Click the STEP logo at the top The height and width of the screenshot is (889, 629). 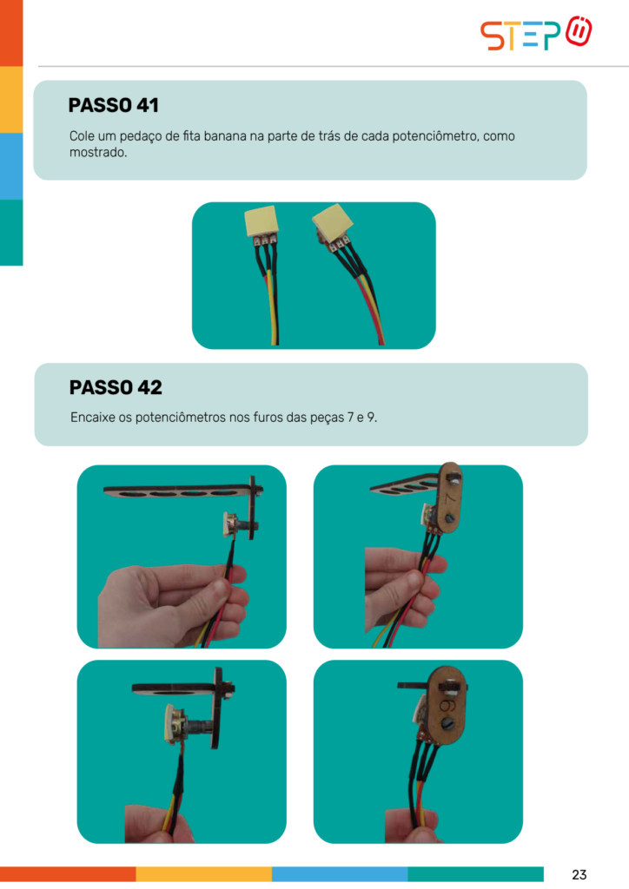536,34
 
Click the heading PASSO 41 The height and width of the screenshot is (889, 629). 114,105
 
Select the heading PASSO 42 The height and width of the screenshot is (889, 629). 116,388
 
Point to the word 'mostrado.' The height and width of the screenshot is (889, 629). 98,153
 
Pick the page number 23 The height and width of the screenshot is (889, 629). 579,874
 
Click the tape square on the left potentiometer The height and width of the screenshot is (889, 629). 261,221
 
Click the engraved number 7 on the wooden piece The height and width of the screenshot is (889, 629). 450,497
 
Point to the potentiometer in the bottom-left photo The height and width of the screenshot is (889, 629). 182,723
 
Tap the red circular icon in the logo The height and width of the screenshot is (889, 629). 579,32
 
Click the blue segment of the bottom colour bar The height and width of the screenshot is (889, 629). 340,873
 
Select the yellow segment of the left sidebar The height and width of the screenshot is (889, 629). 11,100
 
